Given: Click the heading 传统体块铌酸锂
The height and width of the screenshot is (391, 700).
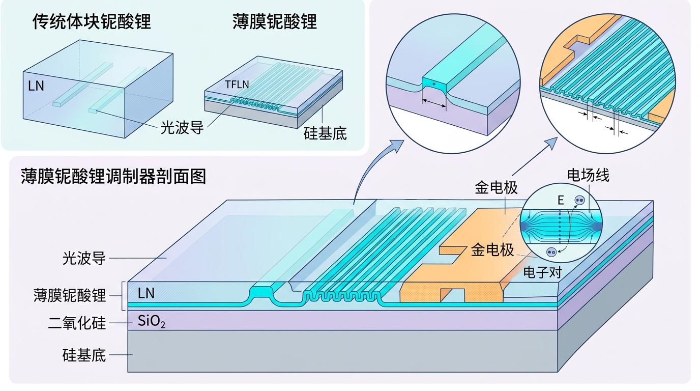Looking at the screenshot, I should (92, 22).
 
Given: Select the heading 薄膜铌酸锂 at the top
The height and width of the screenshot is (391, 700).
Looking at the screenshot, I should (275, 22).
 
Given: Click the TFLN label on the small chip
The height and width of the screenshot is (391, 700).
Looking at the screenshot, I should (237, 85).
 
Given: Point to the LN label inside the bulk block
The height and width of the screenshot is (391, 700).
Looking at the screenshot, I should (36, 86).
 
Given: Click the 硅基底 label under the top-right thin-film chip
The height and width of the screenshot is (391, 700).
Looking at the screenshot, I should (325, 133).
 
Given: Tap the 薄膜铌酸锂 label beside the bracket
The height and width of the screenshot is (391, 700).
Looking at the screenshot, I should (70, 296).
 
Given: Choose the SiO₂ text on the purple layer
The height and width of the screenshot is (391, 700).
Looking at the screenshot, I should (151, 321).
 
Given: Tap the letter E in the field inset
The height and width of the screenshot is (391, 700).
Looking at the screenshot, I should (561, 200).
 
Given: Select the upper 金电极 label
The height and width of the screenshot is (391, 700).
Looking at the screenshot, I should (497, 187).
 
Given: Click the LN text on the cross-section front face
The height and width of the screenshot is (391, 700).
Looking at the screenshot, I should (146, 293).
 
